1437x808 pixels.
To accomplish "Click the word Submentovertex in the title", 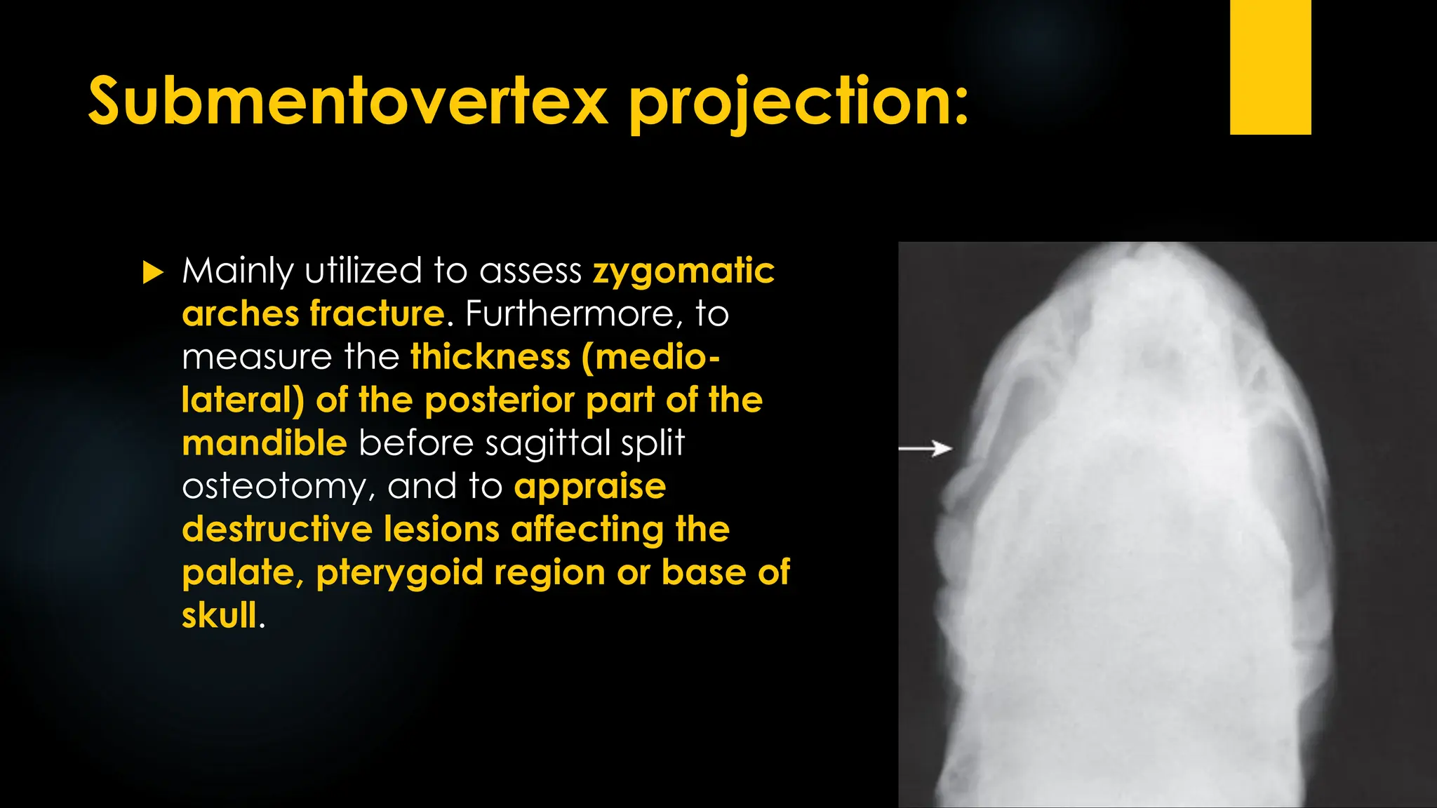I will click(x=347, y=102).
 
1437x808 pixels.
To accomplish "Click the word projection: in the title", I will click(x=798, y=104).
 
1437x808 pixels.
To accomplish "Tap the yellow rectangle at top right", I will click(x=1270, y=67).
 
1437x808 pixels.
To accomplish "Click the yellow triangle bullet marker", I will click(x=152, y=272).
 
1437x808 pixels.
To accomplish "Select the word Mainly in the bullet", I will click(x=237, y=272).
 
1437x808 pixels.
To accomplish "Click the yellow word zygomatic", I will click(x=683, y=272).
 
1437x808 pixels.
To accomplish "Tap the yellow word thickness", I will click(x=490, y=357).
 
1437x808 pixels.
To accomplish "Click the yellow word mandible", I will click(x=265, y=444).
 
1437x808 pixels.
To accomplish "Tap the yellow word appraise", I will click(x=589, y=487).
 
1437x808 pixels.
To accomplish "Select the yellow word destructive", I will click(x=276, y=530).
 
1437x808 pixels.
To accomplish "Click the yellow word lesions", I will click(x=441, y=530).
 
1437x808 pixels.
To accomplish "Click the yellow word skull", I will click(x=220, y=616).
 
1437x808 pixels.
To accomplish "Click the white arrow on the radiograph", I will click(x=926, y=448).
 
